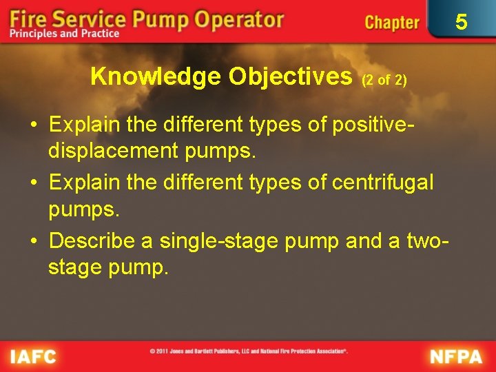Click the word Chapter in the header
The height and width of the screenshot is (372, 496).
pos(391,22)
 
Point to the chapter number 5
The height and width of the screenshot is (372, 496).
pos(461,22)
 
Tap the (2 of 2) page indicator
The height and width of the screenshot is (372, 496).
pos(384,80)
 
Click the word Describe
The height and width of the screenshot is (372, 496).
pos(101,240)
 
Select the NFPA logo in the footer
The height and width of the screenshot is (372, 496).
pos(457,357)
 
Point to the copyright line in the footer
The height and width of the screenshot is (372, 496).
pos(248,351)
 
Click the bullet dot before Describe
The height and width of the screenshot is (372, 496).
pos(34,241)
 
